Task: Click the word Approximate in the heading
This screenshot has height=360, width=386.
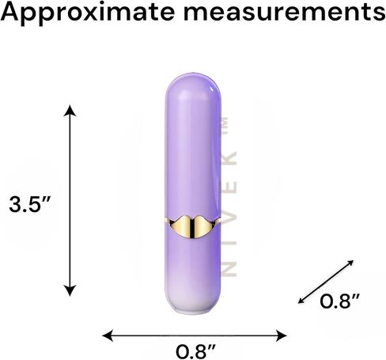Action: [88, 13]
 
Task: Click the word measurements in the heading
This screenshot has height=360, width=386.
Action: [285, 12]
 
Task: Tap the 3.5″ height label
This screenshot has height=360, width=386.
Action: [29, 204]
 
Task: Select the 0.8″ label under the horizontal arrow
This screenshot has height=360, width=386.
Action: [195, 351]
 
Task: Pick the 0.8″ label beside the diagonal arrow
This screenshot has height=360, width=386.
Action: [339, 301]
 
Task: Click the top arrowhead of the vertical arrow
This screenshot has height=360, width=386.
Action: [70, 110]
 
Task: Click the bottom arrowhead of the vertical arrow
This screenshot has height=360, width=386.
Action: [70, 290]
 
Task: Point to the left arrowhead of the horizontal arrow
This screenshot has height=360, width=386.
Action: [108, 335]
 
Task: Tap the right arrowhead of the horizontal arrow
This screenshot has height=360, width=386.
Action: [281, 335]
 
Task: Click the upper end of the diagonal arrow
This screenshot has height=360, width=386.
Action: [350, 263]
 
